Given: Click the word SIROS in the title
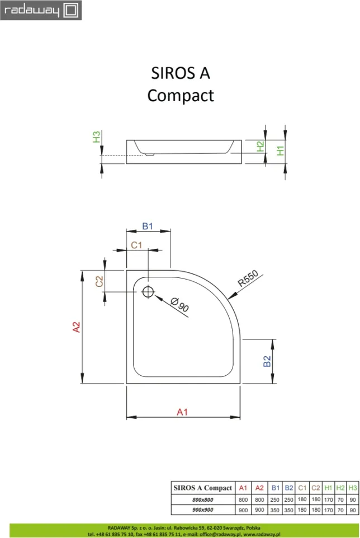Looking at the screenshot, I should point(170,74).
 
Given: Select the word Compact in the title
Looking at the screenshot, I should point(180,96).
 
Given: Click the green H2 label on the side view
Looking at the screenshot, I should point(260,147).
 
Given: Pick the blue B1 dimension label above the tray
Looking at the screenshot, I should point(148,226).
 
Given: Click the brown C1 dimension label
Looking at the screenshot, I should point(137,245).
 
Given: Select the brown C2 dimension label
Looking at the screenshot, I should point(99,281).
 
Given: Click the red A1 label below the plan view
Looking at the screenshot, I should point(182,412).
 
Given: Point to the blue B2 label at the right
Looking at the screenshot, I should point(267,362).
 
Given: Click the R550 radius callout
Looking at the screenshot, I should point(247,278).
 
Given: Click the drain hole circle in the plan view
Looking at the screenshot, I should point(148,291).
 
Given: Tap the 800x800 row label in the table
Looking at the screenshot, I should point(202,499).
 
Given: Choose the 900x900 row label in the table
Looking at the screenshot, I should point(202,509).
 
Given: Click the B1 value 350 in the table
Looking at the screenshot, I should point(275,509).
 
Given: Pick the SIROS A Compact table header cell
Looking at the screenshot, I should point(202,488).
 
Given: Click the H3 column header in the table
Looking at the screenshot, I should point(352,488).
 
